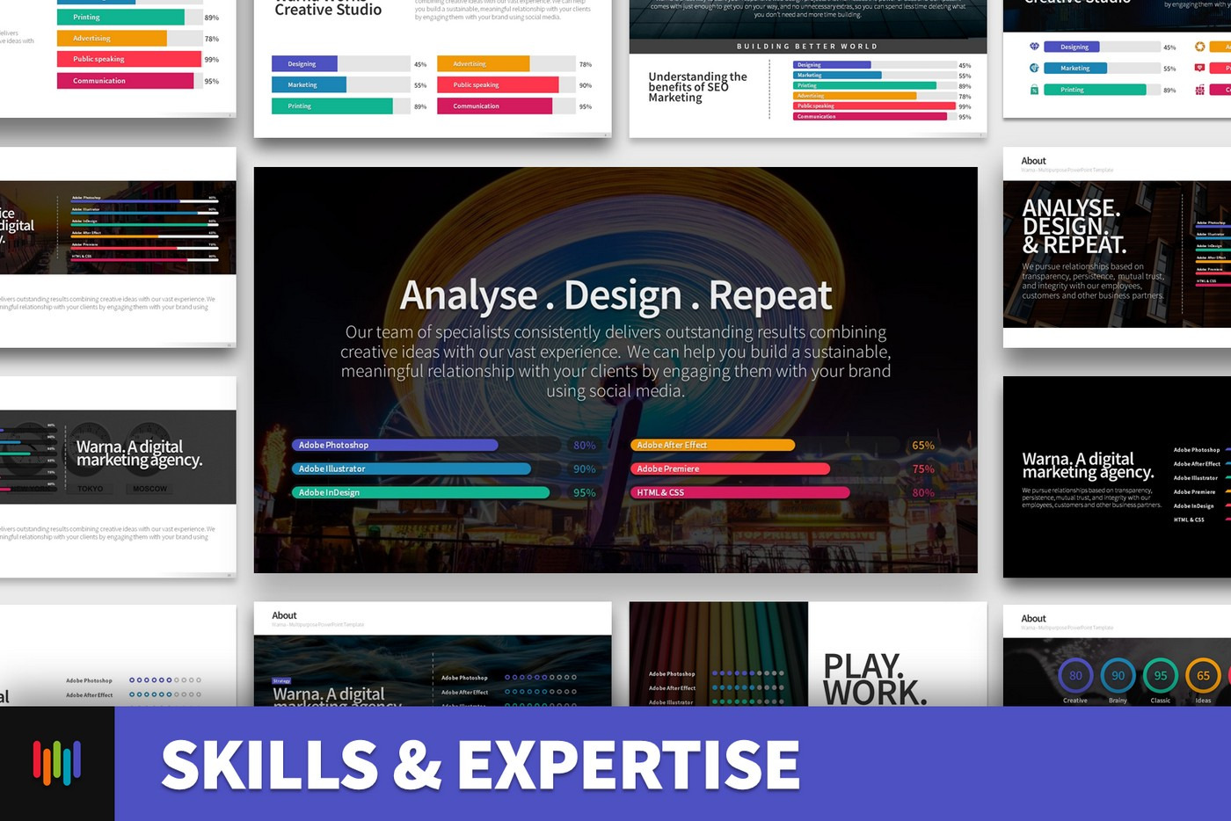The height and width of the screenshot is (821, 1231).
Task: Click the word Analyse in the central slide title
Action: [x=468, y=295]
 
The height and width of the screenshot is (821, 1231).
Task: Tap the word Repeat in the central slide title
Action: [x=770, y=295]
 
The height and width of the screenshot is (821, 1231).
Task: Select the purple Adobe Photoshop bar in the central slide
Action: [x=395, y=446]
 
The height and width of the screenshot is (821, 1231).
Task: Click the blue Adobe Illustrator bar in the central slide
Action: [x=412, y=469]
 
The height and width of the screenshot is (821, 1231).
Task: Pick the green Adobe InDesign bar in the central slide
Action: [x=420, y=493]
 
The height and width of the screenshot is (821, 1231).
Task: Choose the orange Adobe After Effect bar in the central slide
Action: [x=712, y=446]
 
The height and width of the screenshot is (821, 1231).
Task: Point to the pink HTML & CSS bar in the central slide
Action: [x=739, y=493]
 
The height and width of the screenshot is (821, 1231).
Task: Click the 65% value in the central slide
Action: [x=923, y=446]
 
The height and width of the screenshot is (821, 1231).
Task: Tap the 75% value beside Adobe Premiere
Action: [x=923, y=469]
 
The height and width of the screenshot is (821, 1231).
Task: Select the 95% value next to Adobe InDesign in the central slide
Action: [x=584, y=493]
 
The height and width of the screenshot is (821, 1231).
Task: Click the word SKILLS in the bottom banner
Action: [x=270, y=765]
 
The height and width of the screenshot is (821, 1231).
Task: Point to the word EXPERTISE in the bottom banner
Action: [x=629, y=765]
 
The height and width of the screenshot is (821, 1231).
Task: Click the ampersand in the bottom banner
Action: [x=418, y=765]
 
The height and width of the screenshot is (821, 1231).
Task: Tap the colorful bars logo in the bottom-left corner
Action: [x=57, y=762]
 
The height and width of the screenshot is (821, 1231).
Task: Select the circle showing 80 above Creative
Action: [x=1075, y=676]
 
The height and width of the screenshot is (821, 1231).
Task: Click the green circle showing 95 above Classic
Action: [x=1161, y=676]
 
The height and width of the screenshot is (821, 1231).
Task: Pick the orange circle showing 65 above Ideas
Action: [x=1203, y=676]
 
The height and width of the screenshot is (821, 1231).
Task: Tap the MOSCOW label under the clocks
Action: [x=150, y=489]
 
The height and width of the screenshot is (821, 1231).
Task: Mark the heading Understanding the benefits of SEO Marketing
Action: [x=697, y=87]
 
